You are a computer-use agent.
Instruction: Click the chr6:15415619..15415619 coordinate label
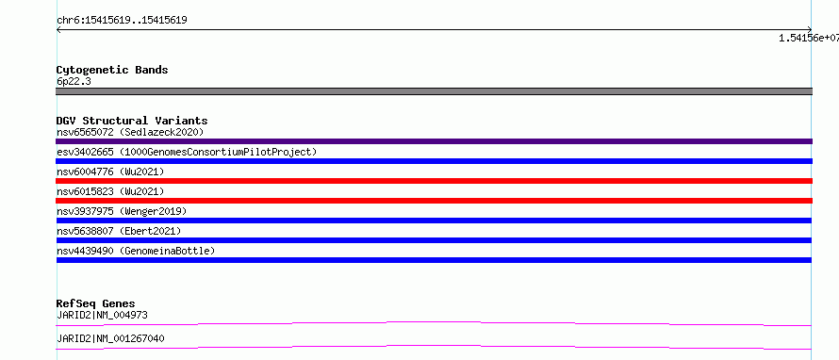122,21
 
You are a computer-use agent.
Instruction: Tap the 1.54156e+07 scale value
809,38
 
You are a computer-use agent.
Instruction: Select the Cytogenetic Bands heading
112,70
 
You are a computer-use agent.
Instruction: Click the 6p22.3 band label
73,81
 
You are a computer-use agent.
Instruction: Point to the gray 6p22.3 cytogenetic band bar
434,91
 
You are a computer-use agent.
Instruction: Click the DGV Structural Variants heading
132,121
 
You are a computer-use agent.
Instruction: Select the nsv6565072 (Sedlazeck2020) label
130,132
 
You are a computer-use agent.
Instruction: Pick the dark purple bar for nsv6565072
434,141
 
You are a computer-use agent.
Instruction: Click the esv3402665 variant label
187,152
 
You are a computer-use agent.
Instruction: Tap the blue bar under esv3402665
434,161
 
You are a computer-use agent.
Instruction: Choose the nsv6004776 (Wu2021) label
110,172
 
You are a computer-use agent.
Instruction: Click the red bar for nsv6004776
434,181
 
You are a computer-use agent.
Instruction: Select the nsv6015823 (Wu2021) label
110,191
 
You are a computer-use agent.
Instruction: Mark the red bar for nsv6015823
434,201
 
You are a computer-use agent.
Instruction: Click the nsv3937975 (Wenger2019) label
122,211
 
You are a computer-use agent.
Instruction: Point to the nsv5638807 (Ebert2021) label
119,231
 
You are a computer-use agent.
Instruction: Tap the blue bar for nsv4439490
434,260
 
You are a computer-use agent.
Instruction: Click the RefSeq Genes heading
95,304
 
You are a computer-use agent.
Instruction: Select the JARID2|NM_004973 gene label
102,315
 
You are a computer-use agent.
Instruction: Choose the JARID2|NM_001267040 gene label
110,338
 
